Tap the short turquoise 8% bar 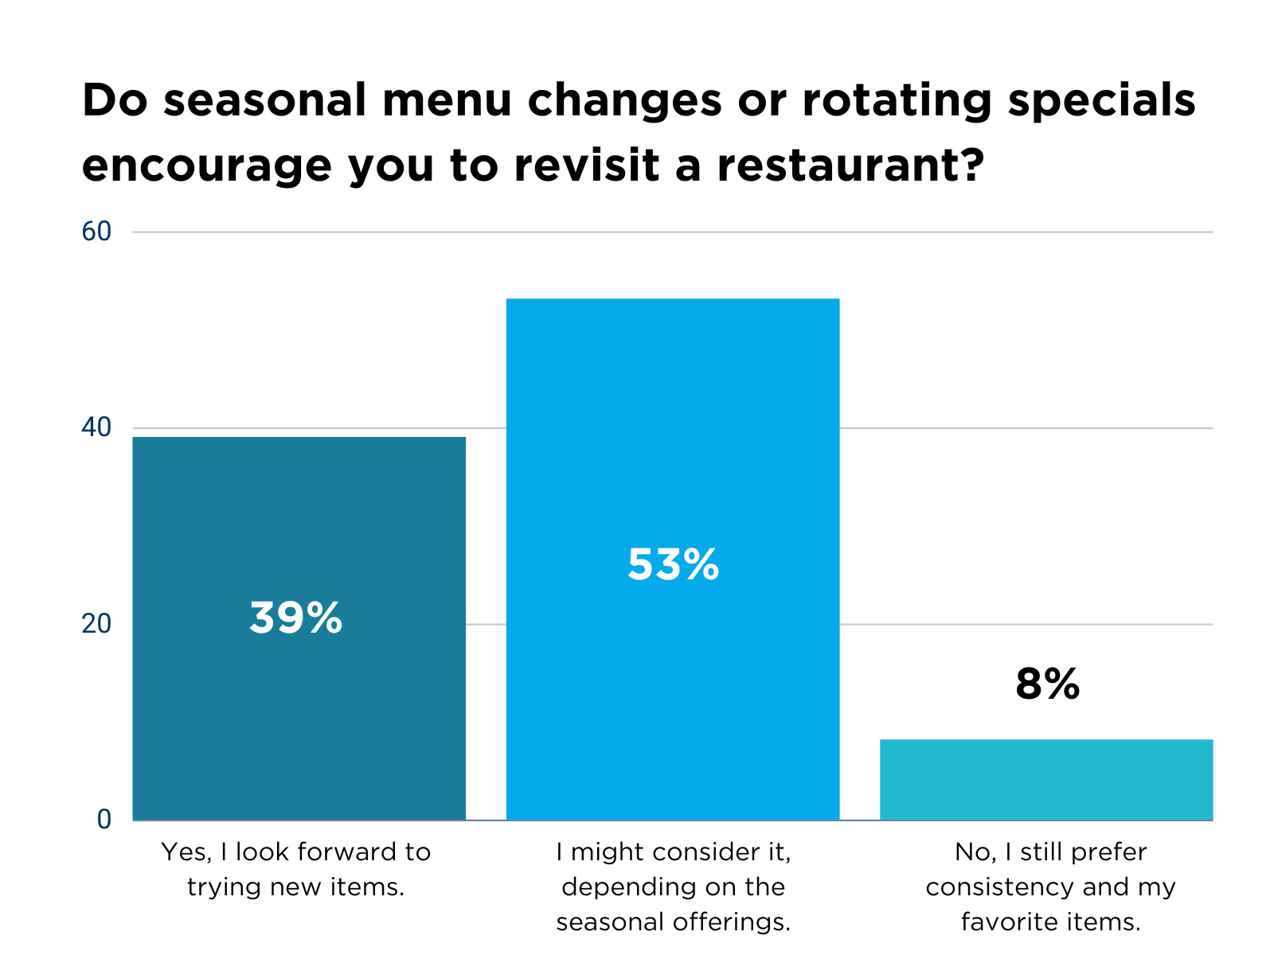click(x=1046, y=779)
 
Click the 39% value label click(x=295, y=618)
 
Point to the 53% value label click(x=673, y=565)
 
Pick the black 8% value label click(x=1047, y=684)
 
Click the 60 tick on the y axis click(x=96, y=232)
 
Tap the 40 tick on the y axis click(x=96, y=428)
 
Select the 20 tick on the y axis click(x=96, y=624)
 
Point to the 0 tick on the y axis click(x=104, y=820)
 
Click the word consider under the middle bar click(x=701, y=852)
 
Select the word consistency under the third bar click(x=1005, y=887)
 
